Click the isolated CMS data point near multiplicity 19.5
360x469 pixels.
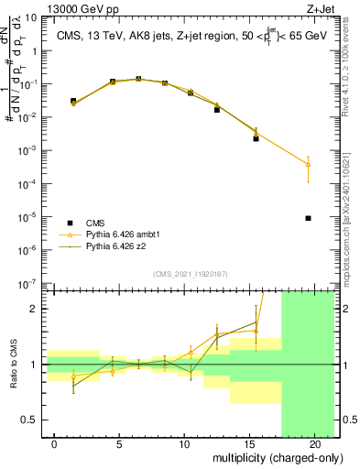(x=309, y=218)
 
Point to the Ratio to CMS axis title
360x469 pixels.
(x=13, y=365)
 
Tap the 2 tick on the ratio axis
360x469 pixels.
(x=34, y=309)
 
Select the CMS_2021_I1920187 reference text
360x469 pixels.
(x=191, y=274)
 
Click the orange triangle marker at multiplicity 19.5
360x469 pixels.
(x=309, y=165)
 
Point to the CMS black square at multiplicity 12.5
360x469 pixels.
(x=217, y=110)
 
